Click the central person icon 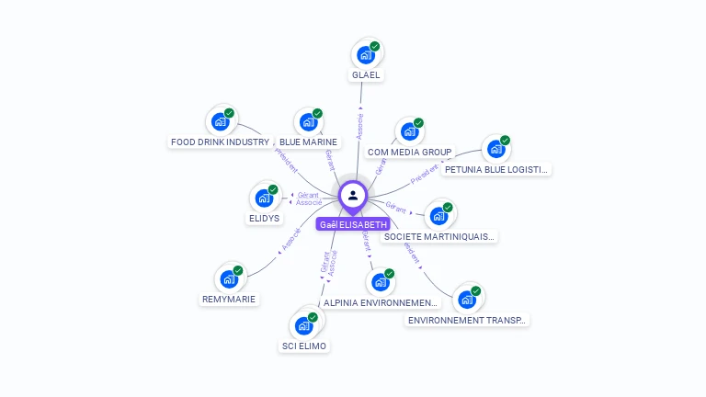tap(353, 195)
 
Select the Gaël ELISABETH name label tap(353, 223)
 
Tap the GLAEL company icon tap(366, 54)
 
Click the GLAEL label tap(366, 75)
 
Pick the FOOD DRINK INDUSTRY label tap(220, 142)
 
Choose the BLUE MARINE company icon tap(308, 121)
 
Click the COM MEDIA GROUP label tap(409, 152)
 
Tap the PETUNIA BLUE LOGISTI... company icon tap(496, 149)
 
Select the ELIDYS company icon tap(264, 198)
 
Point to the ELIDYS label tap(264, 219)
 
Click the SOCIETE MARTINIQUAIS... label tap(439, 236)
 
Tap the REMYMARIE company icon tap(229, 278)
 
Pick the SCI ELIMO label tap(303, 346)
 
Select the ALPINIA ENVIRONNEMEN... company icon tap(381, 282)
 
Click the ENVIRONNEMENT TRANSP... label tap(468, 320)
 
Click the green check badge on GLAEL tap(375, 46)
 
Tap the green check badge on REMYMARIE tap(238, 270)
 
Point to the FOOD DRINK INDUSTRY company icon tap(220, 121)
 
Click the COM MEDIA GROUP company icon tap(409, 130)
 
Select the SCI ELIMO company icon tap(303, 325)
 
